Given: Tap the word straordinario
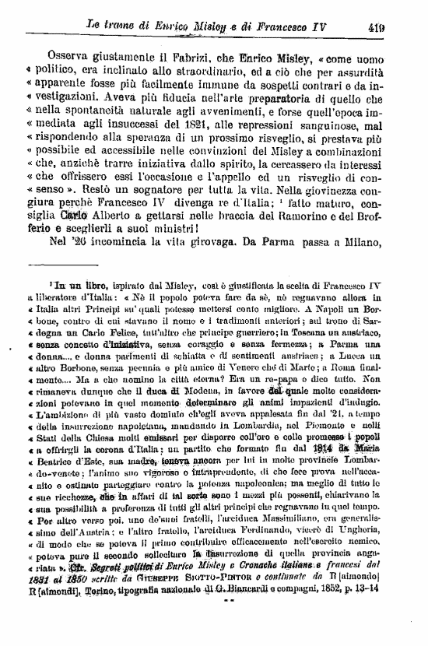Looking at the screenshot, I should coord(202,74).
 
